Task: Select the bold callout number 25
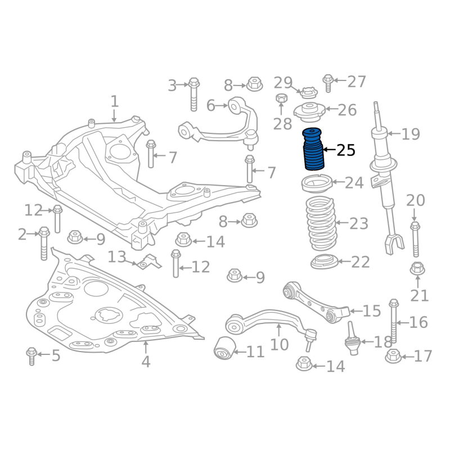346,150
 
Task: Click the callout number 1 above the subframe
114,102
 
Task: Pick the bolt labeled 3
193,93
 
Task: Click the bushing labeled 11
225,349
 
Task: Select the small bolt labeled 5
31,356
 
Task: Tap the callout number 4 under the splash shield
146,361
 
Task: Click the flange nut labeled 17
394,356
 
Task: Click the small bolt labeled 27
328,83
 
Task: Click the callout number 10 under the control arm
280,344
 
